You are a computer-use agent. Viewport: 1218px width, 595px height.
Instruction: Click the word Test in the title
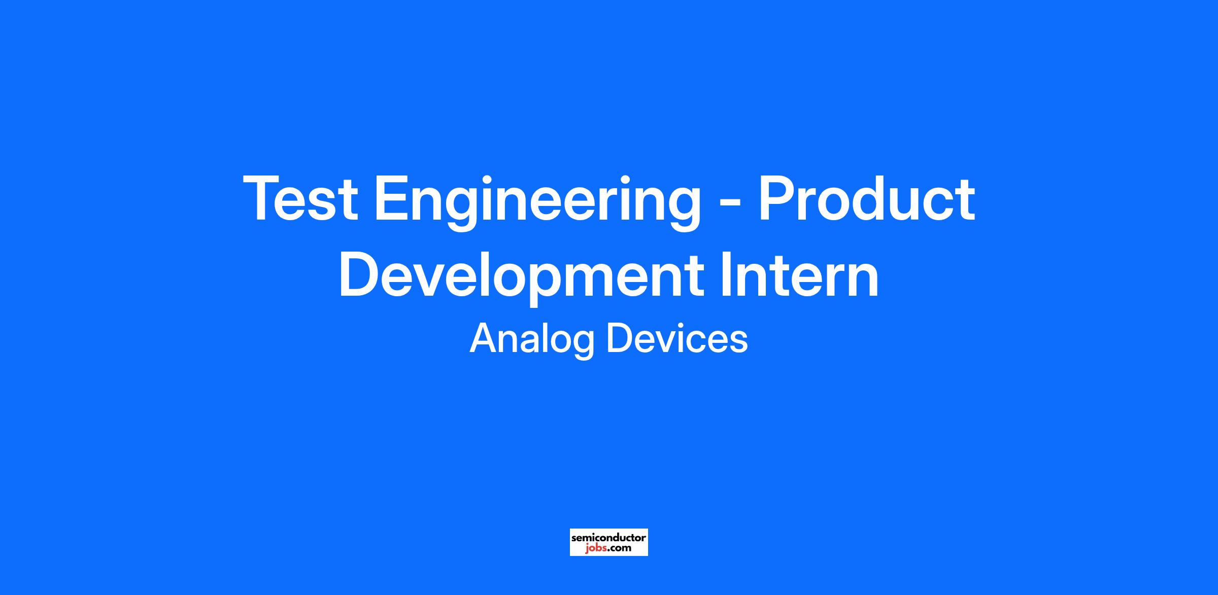click(x=301, y=198)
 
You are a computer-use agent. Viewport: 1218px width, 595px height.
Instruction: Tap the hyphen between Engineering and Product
click(x=730, y=203)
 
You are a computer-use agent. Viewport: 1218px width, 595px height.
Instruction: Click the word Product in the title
click(x=866, y=198)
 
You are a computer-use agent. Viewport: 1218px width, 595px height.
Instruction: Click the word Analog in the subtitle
click(x=532, y=340)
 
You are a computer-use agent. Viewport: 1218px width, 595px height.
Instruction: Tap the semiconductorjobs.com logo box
click(x=609, y=542)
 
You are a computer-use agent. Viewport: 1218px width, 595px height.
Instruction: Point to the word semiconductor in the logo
click(x=609, y=537)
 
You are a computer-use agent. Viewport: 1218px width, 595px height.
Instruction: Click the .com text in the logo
click(x=620, y=548)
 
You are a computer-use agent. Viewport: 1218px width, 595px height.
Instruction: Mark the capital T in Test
click(x=264, y=198)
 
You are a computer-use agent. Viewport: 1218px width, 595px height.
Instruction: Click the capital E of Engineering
click(x=393, y=198)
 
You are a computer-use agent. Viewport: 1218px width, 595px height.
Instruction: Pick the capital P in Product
click(x=778, y=198)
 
